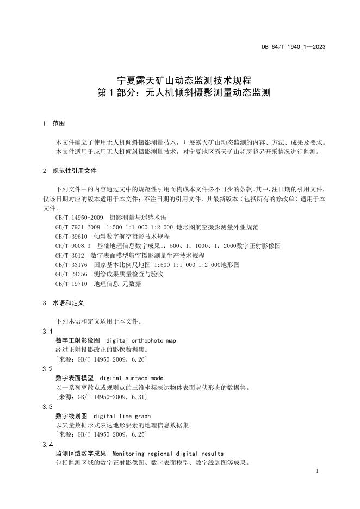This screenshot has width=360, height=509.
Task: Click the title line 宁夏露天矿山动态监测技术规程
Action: click(x=180, y=80)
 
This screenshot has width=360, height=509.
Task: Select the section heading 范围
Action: click(x=58, y=124)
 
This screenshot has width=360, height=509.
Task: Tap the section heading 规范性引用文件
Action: click(x=74, y=171)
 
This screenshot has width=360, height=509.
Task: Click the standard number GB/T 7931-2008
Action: click(x=77, y=227)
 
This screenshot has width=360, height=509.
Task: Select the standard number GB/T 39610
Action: click(x=71, y=236)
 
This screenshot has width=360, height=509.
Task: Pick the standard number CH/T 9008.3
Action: click(x=73, y=246)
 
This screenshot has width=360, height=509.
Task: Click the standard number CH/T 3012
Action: click(x=70, y=255)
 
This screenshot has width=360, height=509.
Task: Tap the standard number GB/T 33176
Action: click(x=71, y=265)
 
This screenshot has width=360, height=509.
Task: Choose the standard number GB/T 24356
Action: click(x=71, y=274)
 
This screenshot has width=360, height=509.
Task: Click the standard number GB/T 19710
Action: click(x=71, y=284)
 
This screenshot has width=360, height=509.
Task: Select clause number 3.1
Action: click(x=47, y=331)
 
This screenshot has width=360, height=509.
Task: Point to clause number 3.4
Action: click(x=47, y=444)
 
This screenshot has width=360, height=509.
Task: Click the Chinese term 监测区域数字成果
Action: click(x=80, y=454)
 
